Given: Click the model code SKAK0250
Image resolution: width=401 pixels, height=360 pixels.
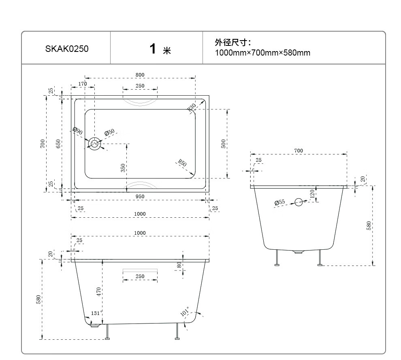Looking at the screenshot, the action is pyautogui.click(x=67, y=49).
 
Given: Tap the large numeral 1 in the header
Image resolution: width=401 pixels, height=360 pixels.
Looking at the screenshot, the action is pyautogui.click(x=153, y=49).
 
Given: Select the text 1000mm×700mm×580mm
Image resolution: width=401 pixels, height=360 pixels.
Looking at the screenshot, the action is pyautogui.click(x=262, y=53).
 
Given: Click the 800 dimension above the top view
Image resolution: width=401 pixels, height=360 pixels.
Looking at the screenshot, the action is pyautogui.click(x=140, y=75).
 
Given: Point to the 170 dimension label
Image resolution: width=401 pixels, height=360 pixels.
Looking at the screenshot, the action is pyautogui.click(x=83, y=84).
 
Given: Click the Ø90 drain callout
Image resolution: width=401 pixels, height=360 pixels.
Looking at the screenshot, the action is pyautogui.click(x=77, y=131).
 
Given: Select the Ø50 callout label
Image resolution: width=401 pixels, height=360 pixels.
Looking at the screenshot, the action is pyautogui.click(x=109, y=133).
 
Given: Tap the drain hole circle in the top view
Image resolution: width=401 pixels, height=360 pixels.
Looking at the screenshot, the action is pyautogui.click(x=95, y=144).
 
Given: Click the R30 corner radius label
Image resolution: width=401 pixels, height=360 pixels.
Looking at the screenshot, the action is pyautogui.click(x=192, y=107).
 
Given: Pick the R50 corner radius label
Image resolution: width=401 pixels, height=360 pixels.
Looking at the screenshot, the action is pyautogui.click(x=182, y=163).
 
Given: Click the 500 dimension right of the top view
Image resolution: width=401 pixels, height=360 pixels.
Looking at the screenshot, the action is pyautogui.click(x=223, y=144).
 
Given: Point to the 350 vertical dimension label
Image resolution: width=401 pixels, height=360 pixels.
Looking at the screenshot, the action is pyautogui.click(x=123, y=168).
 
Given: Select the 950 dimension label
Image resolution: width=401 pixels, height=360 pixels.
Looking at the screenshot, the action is pyautogui.click(x=140, y=196).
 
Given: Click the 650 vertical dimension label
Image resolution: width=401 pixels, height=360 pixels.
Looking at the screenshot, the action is pyautogui.click(x=58, y=144).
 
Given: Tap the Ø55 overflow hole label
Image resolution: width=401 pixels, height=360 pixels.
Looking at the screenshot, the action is pyautogui.click(x=279, y=202).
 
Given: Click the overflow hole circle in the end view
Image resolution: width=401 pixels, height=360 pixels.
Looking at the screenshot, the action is pyautogui.click(x=299, y=202).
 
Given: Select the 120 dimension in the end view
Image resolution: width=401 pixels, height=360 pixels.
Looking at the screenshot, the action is pyautogui.click(x=312, y=194).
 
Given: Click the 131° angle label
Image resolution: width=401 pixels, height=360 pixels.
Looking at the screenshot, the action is pyautogui.click(x=96, y=313).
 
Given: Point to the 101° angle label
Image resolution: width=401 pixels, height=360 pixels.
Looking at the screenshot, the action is pyautogui.click(x=185, y=311).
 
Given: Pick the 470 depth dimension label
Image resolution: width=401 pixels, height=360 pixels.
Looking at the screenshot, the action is pyautogui.click(x=99, y=292).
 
